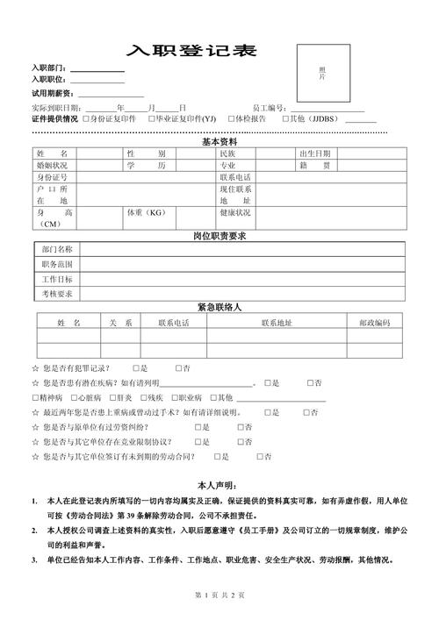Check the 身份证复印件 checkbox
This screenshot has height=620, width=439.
[x=86, y=118]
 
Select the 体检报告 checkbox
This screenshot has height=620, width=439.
[x=231, y=118]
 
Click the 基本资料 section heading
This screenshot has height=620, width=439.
[x=219, y=142]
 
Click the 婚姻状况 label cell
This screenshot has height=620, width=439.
[x=52, y=165]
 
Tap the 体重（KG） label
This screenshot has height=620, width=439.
[x=147, y=212]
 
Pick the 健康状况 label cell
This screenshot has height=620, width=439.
[x=235, y=212]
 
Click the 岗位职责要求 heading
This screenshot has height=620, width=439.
[x=219, y=236]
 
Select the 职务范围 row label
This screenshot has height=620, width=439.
[x=57, y=264]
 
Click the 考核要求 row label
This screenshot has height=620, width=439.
[x=57, y=293]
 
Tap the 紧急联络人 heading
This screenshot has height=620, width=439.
[x=219, y=307]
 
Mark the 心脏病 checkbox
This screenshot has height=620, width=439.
[x=71, y=397]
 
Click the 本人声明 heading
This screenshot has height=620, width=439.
[x=217, y=484]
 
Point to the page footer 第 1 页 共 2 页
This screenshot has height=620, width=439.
[x=219, y=595]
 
